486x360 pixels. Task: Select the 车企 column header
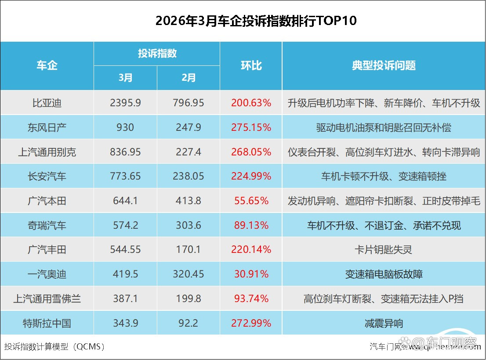[47, 66]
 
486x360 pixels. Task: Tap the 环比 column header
[251, 66]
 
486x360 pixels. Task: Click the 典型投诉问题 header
[384, 66]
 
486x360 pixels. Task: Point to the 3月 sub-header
[125, 78]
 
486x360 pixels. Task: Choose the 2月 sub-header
[189, 78]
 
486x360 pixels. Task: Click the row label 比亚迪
[47, 103]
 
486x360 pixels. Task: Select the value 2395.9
[125, 103]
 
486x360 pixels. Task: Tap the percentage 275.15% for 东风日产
[251, 128]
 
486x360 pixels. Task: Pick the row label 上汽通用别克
[47, 152]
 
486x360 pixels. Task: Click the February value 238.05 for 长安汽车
[189, 176]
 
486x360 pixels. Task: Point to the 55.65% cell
[251, 201]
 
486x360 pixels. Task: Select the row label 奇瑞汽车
[47, 226]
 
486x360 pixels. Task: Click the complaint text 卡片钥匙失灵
[384, 250]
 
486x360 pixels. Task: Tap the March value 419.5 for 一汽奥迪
[125, 274]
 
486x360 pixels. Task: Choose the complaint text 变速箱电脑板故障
[384, 274]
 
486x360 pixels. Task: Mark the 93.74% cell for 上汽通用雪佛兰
[251, 299]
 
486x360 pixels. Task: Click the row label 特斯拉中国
[47, 324]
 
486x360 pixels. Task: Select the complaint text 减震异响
[384, 324]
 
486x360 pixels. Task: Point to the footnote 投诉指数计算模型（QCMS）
[55, 347]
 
